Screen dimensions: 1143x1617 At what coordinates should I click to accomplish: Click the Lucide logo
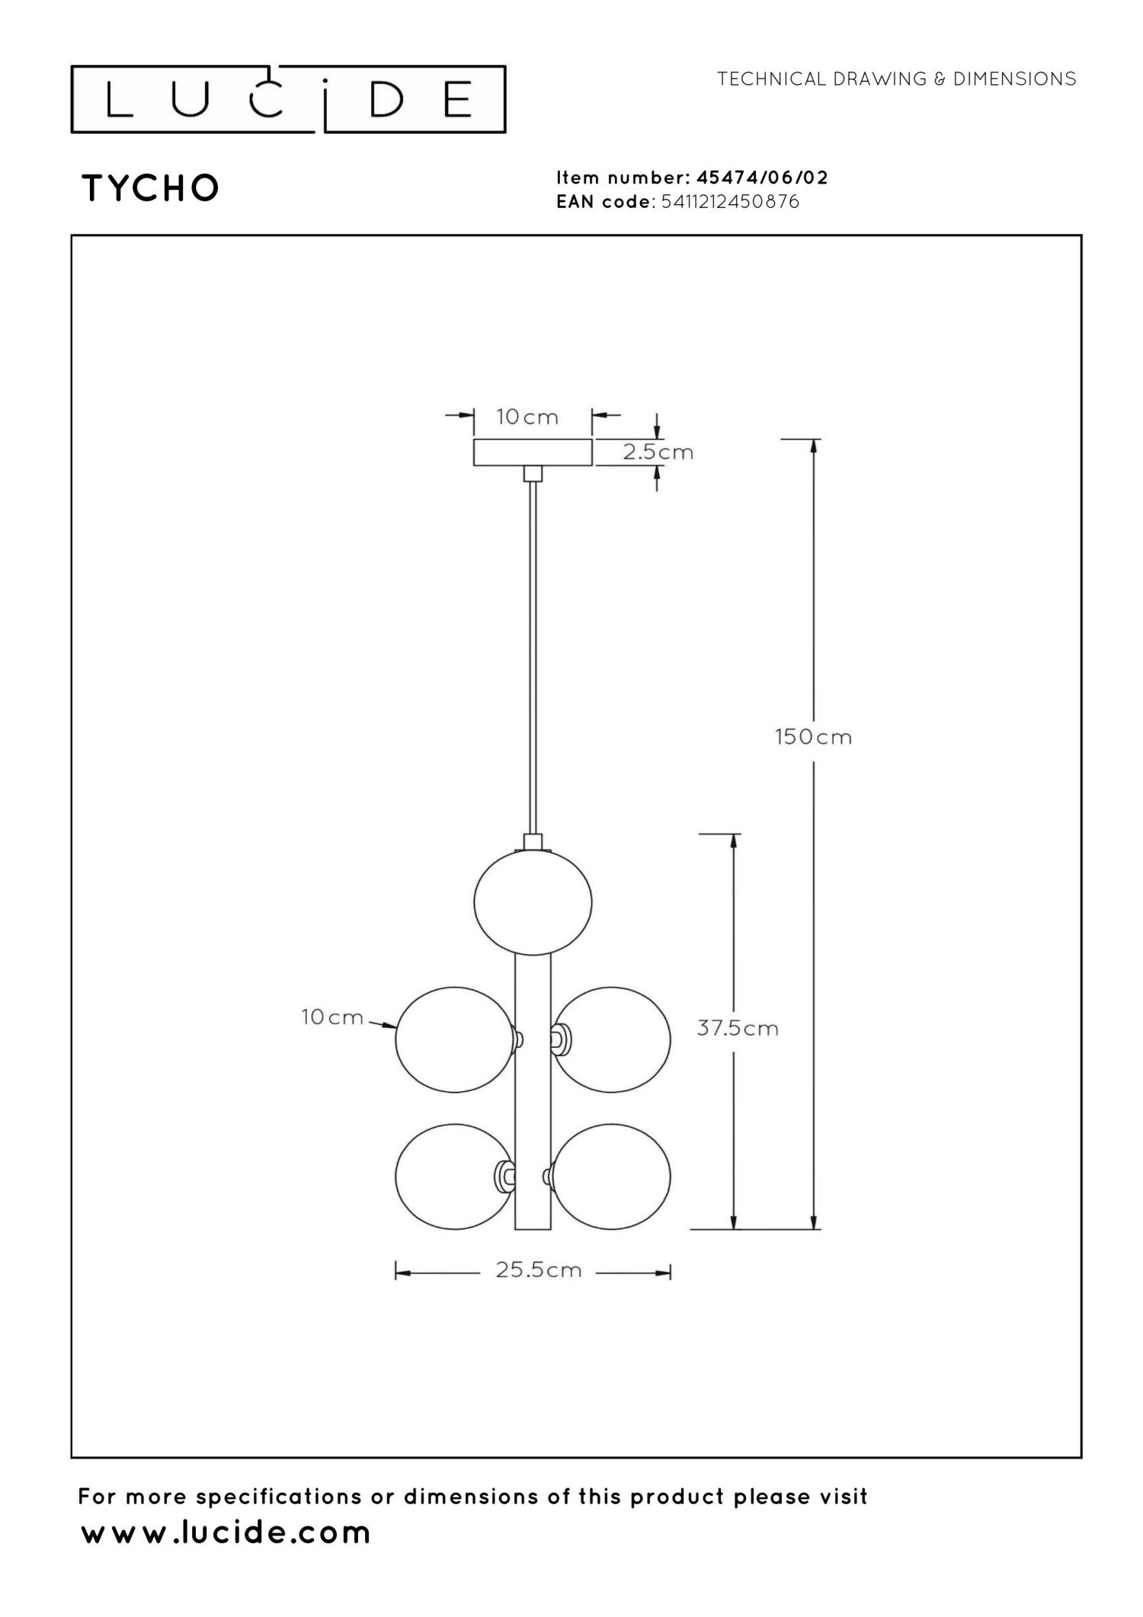[x=288, y=99]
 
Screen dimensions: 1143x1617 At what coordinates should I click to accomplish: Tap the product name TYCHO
[x=151, y=188]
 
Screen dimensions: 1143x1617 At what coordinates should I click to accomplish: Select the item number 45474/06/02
[x=762, y=178]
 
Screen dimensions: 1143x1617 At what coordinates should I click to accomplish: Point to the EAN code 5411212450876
[x=731, y=202]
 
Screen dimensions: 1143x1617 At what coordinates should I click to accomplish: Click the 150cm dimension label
[x=813, y=737]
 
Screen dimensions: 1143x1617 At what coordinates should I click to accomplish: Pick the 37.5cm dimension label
[x=738, y=1028]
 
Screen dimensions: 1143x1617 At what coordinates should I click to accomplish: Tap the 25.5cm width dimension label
[x=539, y=1270]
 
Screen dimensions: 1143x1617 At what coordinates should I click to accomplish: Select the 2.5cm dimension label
[x=658, y=452]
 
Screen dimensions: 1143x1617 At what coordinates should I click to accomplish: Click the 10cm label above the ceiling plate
[x=527, y=417]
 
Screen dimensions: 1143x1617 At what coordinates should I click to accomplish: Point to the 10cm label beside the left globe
[x=332, y=1017]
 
